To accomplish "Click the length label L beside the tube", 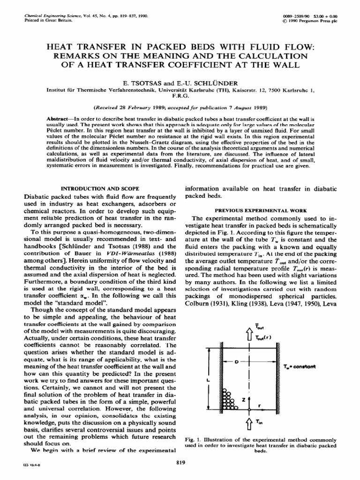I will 208,380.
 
